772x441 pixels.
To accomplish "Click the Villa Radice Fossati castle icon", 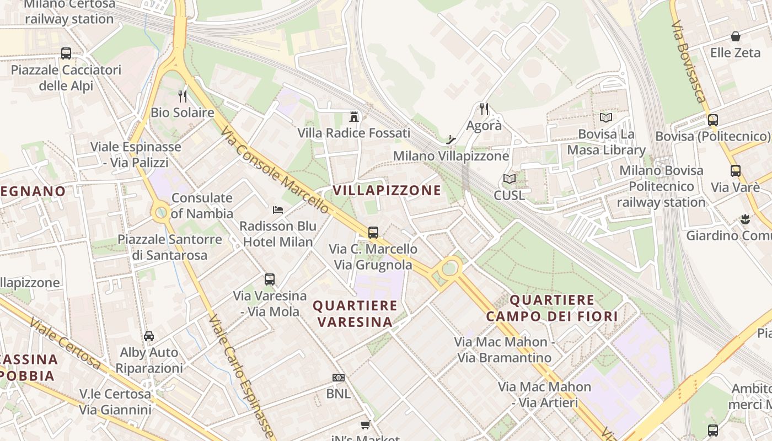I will click(x=354, y=116).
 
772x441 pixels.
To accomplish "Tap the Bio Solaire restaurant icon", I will click(x=183, y=96).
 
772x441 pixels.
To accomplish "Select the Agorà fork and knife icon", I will click(x=484, y=109).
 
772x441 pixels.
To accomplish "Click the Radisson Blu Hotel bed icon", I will click(x=278, y=210).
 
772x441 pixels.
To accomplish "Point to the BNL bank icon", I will click(x=339, y=378).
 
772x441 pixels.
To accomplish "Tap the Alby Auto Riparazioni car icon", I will click(x=149, y=336).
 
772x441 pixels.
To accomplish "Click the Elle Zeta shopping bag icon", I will click(x=735, y=36).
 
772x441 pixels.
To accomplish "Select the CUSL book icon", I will click(x=509, y=179).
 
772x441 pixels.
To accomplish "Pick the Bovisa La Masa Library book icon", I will click(x=606, y=117).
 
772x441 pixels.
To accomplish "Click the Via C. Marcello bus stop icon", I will click(x=373, y=232).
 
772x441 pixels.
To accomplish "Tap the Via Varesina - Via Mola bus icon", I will click(x=269, y=279).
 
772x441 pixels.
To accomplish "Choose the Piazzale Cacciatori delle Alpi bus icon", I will click(x=66, y=53).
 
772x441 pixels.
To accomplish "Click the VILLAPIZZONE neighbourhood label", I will click(x=387, y=191).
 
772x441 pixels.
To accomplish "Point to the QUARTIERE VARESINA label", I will click(x=355, y=313).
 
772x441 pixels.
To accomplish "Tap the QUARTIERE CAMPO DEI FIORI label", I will click(x=552, y=308).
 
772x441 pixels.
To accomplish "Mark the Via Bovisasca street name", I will click(x=689, y=62).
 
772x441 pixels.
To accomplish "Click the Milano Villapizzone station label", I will click(x=451, y=156).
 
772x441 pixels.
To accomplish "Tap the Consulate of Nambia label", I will click(x=202, y=206).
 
